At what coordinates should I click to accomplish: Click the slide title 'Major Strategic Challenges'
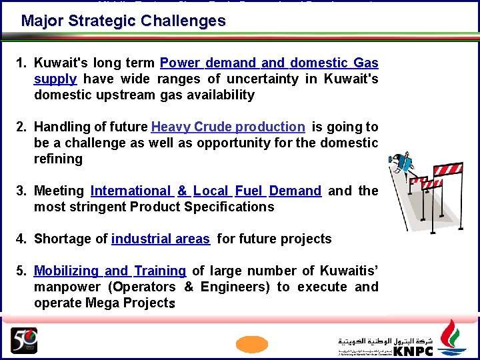point(123,21)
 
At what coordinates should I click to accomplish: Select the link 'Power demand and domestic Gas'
point(269,63)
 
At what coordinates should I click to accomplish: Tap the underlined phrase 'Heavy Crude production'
point(228,127)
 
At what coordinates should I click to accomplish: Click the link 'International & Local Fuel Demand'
point(206,191)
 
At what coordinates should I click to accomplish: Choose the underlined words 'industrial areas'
point(161,239)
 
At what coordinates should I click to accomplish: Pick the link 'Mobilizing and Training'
point(110,271)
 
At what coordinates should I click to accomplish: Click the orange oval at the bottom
point(252,343)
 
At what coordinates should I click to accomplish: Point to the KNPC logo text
point(413,351)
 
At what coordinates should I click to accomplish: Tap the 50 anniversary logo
point(24,340)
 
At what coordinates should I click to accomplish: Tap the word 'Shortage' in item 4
point(61,239)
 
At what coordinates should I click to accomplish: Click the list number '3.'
point(22,191)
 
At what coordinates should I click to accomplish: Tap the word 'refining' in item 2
point(58,159)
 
